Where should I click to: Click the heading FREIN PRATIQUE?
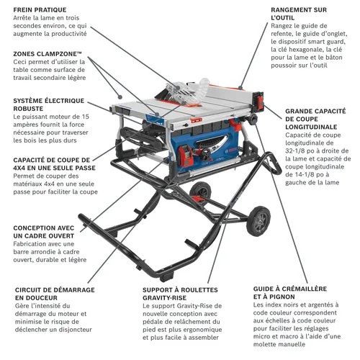pos(40,10)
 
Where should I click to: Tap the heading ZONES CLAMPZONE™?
pos(48,54)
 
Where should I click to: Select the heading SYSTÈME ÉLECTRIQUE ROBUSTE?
pos(49,104)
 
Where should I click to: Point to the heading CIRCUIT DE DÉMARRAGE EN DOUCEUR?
pos(55,294)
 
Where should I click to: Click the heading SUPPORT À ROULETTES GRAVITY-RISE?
pos(180,294)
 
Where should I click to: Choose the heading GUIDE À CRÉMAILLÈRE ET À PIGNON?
pos(290,292)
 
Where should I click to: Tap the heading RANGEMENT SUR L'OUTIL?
pos(299,14)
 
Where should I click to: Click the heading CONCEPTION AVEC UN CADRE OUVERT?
pos(44,232)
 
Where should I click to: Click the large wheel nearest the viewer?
pos(258,221)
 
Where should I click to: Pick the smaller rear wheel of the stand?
pos(200,192)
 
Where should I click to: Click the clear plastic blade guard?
pos(189,92)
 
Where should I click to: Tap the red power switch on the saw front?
pos(186,156)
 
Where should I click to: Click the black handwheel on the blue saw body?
pos(207,154)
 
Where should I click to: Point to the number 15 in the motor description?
pos(86,117)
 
